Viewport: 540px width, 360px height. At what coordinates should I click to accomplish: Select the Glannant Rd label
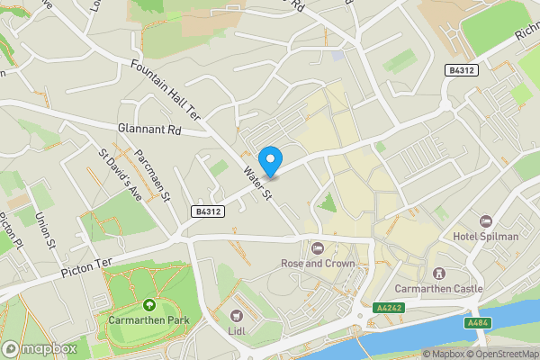click(x=149, y=130)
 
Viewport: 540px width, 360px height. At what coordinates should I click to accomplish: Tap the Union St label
click(x=46, y=230)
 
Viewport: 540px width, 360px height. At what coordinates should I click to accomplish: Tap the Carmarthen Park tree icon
click(x=147, y=305)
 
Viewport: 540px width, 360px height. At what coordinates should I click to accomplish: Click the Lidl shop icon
click(x=237, y=316)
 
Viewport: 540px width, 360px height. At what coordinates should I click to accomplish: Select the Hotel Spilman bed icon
click(x=486, y=221)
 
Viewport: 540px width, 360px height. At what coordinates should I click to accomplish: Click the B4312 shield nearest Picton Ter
click(x=208, y=211)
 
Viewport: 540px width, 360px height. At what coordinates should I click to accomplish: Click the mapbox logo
click(x=39, y=348)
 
